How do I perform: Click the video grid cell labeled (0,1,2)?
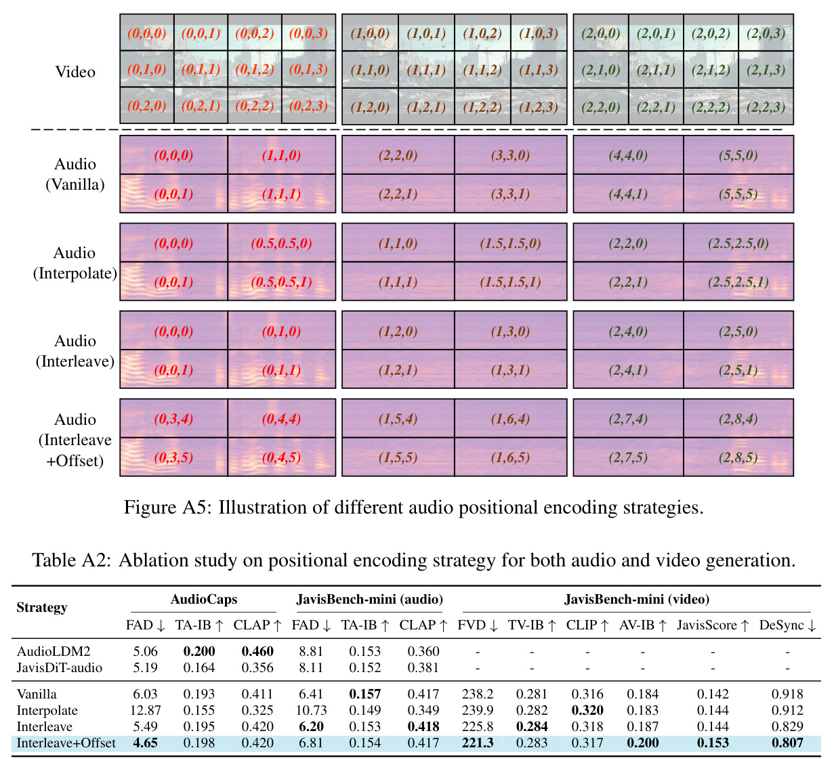255,69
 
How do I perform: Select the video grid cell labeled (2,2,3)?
766,106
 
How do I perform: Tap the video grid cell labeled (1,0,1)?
426,33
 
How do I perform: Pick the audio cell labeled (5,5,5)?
738,194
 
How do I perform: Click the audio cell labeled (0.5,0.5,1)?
281,281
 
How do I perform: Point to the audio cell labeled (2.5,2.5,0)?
738,243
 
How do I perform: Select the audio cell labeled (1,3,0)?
510,331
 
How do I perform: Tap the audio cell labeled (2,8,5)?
738,457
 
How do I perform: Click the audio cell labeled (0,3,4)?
173,418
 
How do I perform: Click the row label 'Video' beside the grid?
75,71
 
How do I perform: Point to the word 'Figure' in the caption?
150,507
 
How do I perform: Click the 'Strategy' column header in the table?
41,607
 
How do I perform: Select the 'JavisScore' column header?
707,625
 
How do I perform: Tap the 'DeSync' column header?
781,625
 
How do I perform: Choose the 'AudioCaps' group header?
204,599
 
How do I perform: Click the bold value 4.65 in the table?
145,743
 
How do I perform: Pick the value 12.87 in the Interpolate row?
145,710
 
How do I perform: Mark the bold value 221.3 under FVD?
478,743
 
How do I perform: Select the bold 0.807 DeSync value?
787,743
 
